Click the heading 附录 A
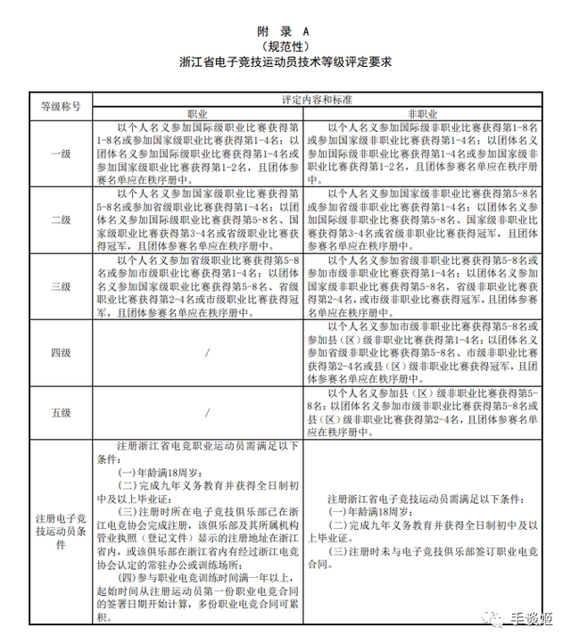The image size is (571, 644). (285, 30)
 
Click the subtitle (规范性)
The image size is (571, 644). (285, 45)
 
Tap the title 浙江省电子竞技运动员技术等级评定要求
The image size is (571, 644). (285, 63)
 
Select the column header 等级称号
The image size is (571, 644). (61, 106)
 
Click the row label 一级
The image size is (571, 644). (61, 153)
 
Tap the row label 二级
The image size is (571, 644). (61, 219)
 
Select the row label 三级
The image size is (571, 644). (61, 286)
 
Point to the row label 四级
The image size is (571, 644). (61, 352)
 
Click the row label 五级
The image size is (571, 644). (61, 412)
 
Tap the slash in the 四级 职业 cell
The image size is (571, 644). (207, 352)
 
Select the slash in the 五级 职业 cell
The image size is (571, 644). (207, 412)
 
